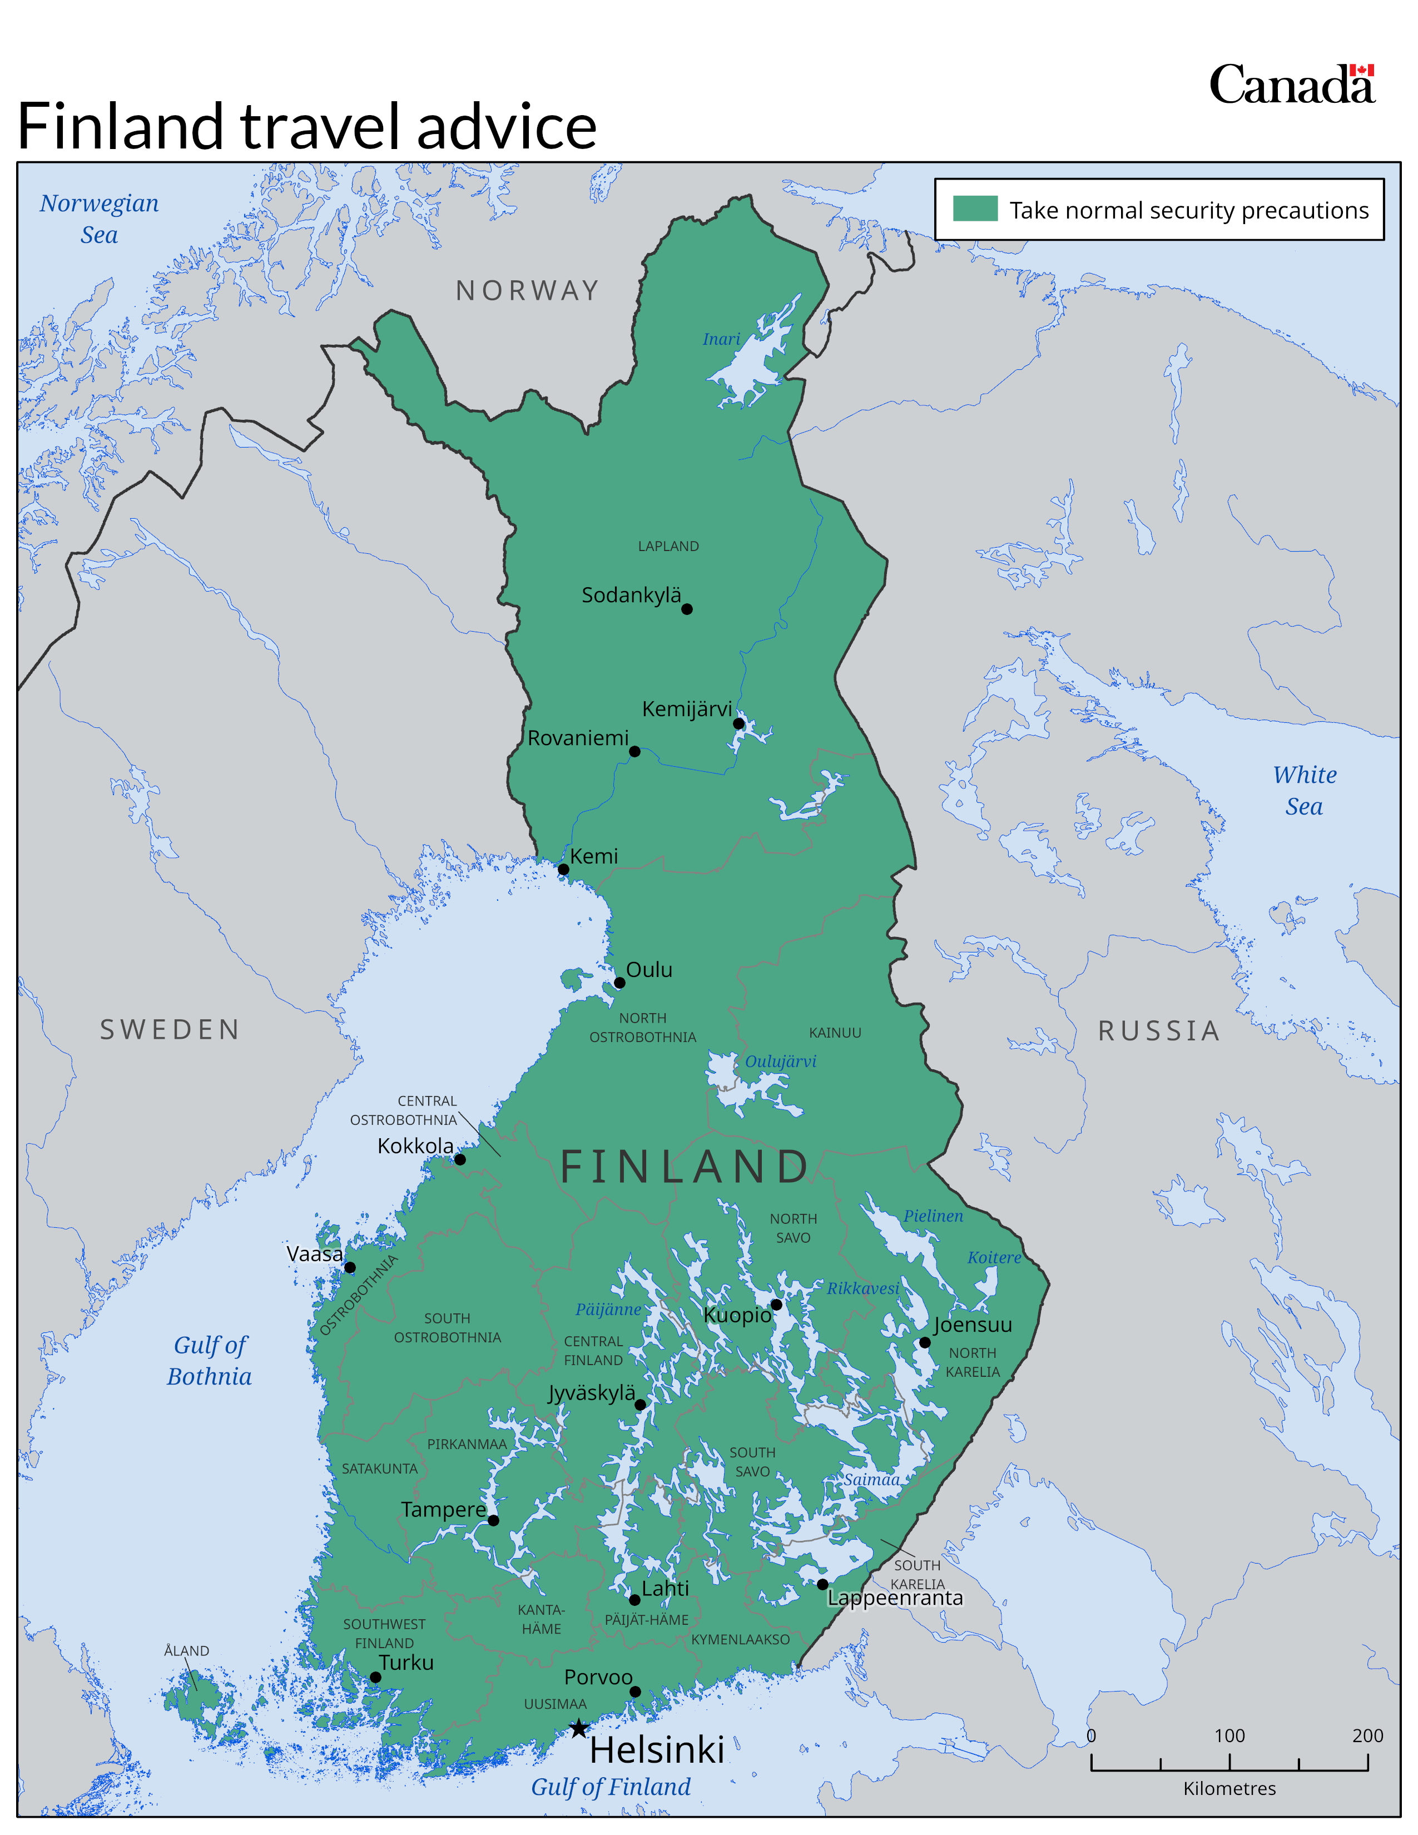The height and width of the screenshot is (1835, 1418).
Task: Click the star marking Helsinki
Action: tap(579, 1728)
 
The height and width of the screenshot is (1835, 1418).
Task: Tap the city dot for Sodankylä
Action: tap(687, 609)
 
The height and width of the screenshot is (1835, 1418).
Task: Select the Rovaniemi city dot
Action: tap(635, 751)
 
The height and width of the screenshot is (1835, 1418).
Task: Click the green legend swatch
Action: tap(975, 209)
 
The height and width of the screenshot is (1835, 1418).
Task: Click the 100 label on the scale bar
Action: tap(1229, 1736)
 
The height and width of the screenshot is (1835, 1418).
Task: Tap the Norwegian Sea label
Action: tap(99, 219)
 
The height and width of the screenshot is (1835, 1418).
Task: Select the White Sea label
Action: tap(1304, 790)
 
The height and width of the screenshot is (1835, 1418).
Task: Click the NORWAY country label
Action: tap(528, 291)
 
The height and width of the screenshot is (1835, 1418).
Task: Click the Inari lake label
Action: tap(722, 339)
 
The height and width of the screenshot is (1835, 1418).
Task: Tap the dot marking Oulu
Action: tap(619, 982)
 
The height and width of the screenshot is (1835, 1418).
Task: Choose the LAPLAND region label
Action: tap(668, 546)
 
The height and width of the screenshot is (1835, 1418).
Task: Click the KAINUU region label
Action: tap(835, 1033)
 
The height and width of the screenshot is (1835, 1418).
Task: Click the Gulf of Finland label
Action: tap(611, 1786)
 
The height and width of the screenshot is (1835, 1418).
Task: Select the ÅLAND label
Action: tap(186, 1651)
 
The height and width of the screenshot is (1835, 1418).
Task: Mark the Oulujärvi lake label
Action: tap(780, 1061)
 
